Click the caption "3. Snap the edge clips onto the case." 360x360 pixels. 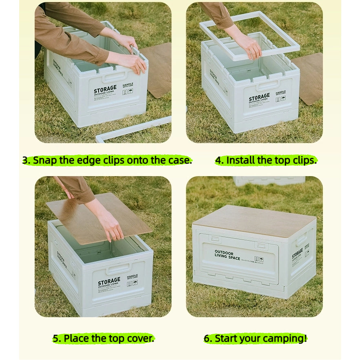tap(107, 160)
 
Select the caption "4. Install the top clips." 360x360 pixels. tap(266, 160)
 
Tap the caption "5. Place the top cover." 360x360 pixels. tap(104, 338)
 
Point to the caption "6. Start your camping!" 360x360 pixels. tap(255, 338)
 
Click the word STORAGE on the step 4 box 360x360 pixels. tap(259, 97)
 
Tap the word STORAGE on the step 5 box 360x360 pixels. tap(109, 280)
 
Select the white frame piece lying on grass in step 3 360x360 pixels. tap(135, 128)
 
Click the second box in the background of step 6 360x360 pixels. tap(269, 181)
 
